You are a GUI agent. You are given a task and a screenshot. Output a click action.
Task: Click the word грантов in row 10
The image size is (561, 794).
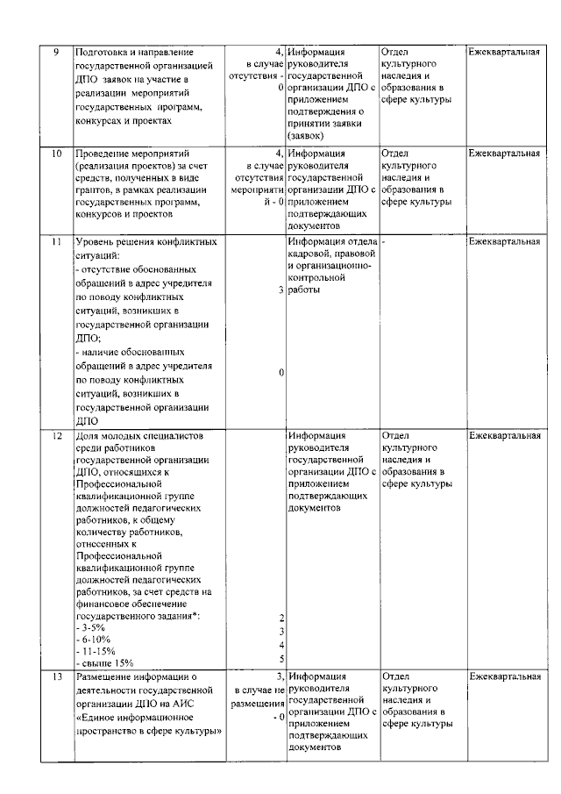96,190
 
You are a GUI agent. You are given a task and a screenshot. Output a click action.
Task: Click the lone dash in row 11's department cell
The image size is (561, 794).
384,240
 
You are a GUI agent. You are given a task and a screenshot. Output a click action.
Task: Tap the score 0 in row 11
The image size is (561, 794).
281,373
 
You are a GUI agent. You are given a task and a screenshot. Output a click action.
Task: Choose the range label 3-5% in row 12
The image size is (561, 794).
92,628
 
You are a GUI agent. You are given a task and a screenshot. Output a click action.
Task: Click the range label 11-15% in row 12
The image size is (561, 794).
96,652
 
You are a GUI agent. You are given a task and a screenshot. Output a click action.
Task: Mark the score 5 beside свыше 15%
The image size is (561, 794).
281,660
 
